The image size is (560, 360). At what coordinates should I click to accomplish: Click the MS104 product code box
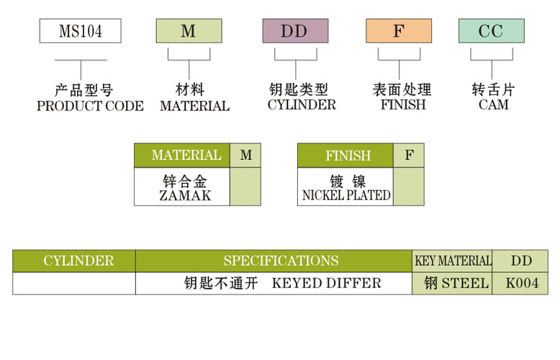pos(80,31)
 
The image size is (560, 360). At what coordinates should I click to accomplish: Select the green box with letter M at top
pos(189,31)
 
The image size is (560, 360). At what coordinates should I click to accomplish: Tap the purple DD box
pos(295,31)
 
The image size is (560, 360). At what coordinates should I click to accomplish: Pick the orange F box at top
pos(399,31)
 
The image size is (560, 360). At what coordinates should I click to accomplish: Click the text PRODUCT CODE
pos(90,107)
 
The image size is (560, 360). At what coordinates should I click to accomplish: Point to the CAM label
pos(493,105)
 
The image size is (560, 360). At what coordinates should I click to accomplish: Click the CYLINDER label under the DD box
pos(302,105)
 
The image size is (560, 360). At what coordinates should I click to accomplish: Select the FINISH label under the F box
pos(402,105)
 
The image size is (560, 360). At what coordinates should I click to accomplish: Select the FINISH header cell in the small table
pos(346,156)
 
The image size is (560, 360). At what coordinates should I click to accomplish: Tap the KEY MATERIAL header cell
pos(452,261)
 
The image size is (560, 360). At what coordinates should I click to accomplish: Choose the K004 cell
pos(520,283)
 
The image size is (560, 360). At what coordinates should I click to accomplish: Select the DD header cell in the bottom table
pos(520,261)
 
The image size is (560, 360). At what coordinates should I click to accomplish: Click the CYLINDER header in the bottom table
pos(74,261)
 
